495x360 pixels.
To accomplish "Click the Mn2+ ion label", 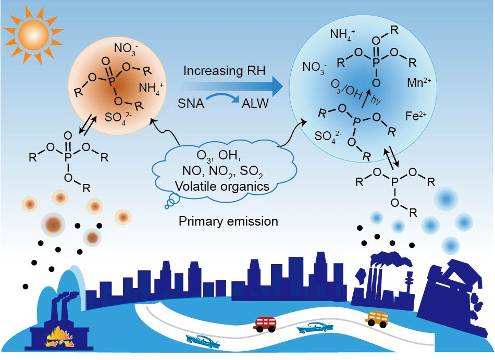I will pos(418,82).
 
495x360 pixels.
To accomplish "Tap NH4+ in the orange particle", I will pos(152,86).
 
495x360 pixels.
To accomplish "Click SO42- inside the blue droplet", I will pos(328,136).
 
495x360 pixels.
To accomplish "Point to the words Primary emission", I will pos(228,221).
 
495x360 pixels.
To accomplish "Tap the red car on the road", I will pos(266,324).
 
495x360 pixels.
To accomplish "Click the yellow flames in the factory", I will pos(59,339).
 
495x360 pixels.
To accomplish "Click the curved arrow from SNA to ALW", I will pos(224,96).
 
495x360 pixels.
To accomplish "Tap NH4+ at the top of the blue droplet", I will pos(342,35).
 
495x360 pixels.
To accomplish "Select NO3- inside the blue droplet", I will pos(314,67).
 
